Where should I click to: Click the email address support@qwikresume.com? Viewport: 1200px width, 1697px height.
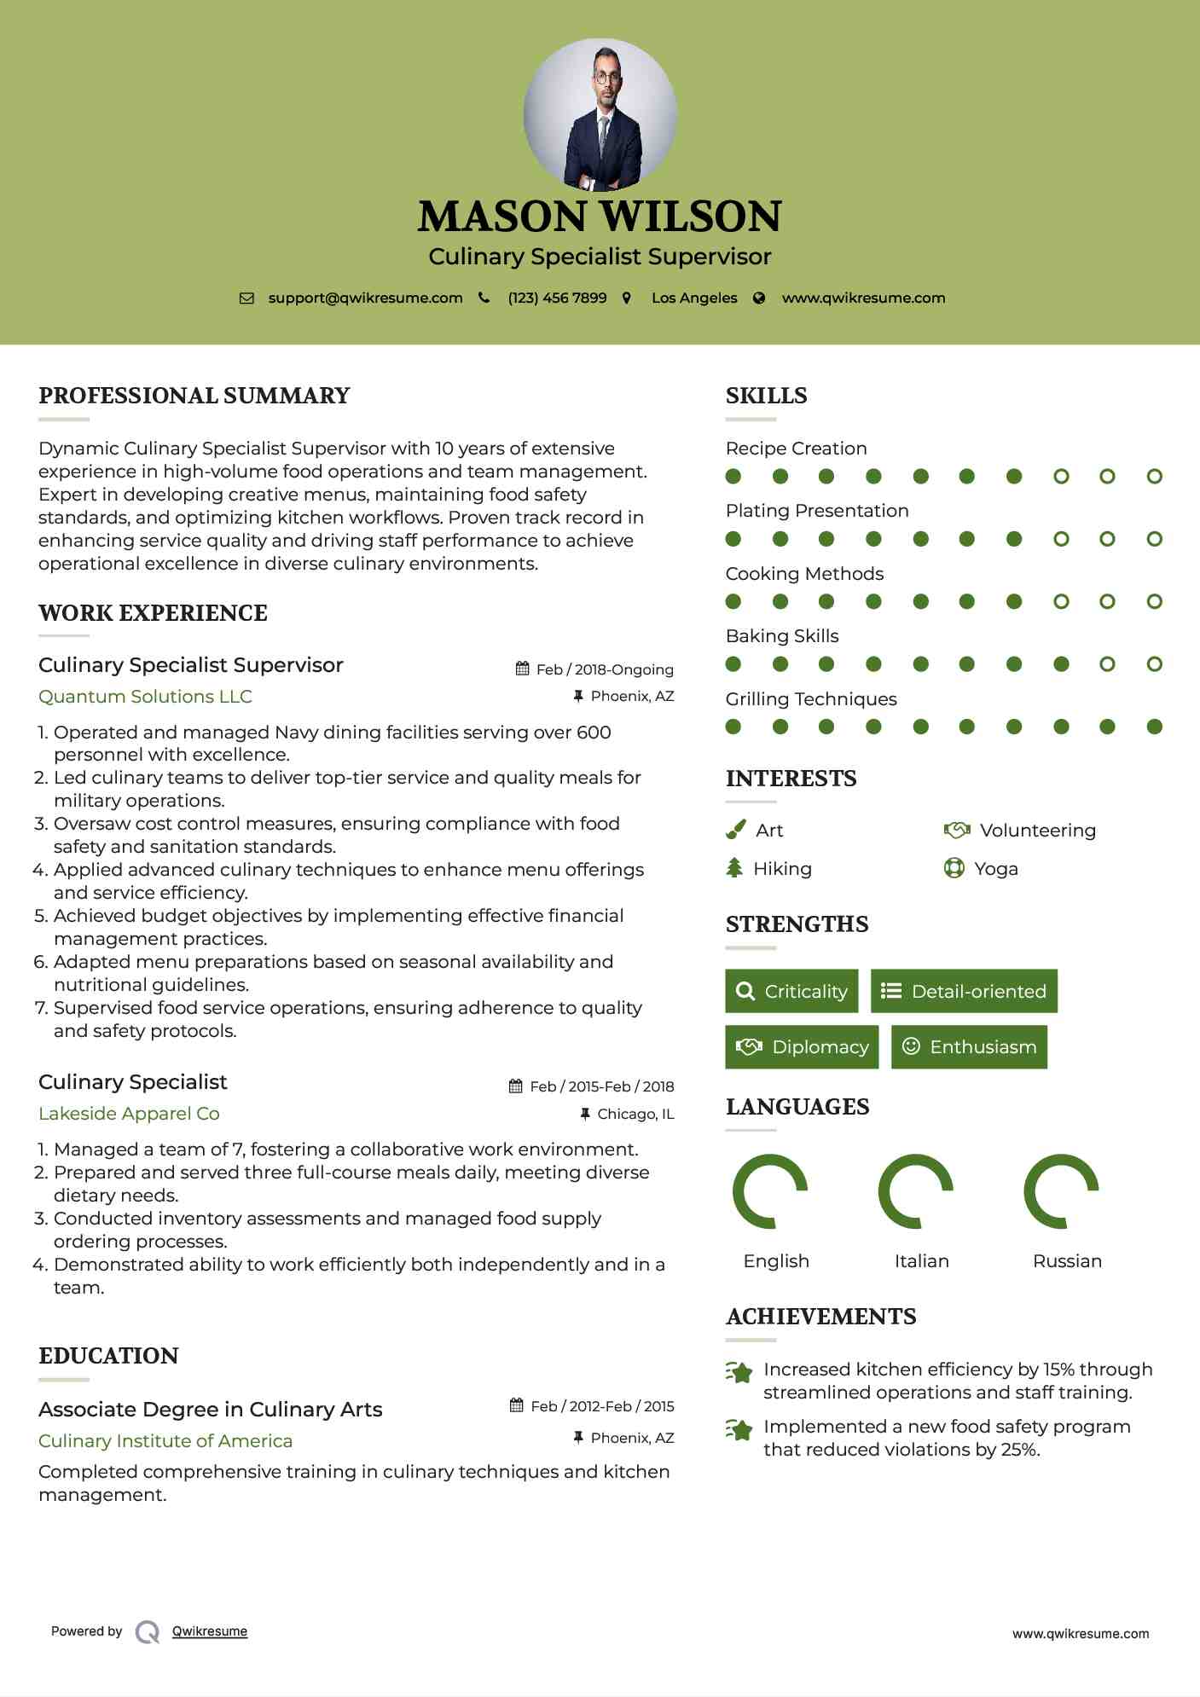tap(365, 298)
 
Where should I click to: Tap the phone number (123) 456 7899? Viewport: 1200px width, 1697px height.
tap(557, 298)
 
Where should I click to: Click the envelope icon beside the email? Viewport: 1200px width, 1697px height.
tap(246, 298)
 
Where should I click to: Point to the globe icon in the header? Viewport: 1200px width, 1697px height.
tap(759, 298)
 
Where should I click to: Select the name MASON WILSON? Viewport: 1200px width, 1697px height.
tap(600, 217)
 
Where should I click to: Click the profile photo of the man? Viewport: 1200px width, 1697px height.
tap(600, 115)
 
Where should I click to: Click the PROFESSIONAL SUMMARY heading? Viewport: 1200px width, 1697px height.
tap(194, 396)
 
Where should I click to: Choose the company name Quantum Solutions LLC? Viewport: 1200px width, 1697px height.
tap(145, 697)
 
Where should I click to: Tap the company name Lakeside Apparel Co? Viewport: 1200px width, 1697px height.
tap(129, 1114)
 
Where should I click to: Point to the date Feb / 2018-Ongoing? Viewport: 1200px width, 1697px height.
tap(605, 669)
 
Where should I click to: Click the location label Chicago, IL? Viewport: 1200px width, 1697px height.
tap(635, 1114)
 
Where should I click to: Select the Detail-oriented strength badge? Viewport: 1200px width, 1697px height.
tap(964, 991)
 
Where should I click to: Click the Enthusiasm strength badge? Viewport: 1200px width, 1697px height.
tap(969, 1046)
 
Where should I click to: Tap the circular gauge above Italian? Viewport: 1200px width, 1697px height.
tap(915, 1190)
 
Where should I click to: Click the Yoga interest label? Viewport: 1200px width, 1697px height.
tap(996, 869)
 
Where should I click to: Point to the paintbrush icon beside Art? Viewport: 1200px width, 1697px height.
tap(735, 830)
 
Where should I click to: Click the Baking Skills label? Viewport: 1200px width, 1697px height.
tap(782, 636)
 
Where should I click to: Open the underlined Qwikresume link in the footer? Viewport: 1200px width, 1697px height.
tap(210, 1631)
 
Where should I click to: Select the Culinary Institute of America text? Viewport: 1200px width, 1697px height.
tap(165, 1441)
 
